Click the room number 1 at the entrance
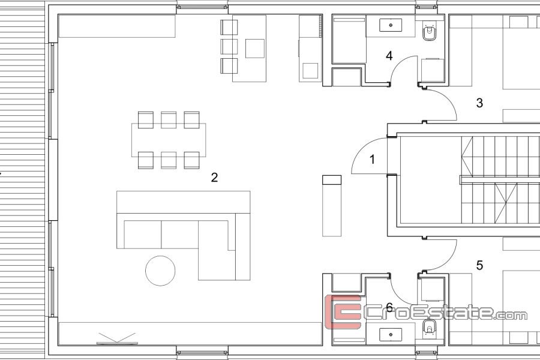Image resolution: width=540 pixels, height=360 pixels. click(x=372, y=160)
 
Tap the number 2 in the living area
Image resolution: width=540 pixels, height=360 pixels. click(x=214, y=178)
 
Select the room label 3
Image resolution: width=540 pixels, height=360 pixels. click(x=479, y=103)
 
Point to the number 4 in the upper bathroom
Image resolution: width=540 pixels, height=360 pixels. click(x=389, y=55)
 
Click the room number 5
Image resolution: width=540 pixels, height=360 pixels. click(x=479, y=265)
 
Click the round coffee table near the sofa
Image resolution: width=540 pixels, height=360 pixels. click(x=160, y=271)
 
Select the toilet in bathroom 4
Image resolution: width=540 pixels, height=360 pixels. click(x=429, y=32)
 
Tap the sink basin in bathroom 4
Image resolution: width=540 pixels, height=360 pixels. click(x=391, y=25)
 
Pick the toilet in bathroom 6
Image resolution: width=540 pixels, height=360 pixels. click(x=429, y=328)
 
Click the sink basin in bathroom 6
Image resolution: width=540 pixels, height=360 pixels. click(x=391, y=335)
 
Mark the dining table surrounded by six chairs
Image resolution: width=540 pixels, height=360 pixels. click(x=169, y=140)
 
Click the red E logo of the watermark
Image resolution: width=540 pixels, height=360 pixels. click(x=343, y=311)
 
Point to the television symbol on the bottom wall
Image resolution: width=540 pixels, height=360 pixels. click(x=117, y=338)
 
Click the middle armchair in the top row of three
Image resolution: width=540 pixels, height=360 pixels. click(x=229, y=47)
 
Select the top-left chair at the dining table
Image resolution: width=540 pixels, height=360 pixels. click(x=146, y=120)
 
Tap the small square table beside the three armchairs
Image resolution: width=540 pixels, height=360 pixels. click(x=255, y=49)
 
